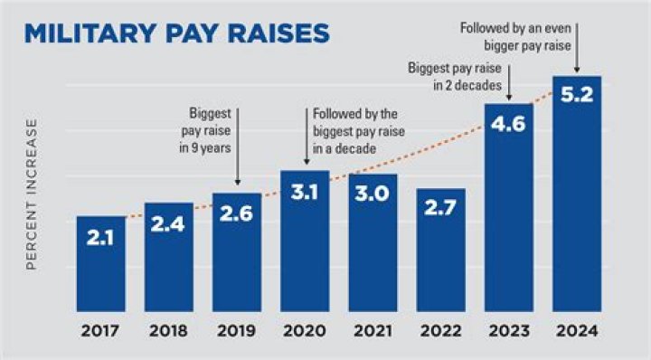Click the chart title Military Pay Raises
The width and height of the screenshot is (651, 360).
(177, 33)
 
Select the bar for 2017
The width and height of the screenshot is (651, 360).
(101, 263)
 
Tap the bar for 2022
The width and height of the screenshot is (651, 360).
(441, 250)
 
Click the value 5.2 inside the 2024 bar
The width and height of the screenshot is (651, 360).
(577, 95)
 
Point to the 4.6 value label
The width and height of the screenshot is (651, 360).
(508, 124)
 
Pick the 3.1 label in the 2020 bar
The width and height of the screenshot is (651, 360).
(305, 193)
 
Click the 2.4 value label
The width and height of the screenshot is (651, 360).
(168, 224)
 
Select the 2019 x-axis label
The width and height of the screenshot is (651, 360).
(237, 331)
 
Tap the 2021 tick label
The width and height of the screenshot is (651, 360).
(373, 331)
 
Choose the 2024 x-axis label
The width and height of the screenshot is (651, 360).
(577, 331)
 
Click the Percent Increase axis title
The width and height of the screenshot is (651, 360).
(32, 194)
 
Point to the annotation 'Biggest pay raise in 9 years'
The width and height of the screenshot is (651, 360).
(205, 130)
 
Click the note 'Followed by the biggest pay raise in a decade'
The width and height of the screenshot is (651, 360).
(359, 131)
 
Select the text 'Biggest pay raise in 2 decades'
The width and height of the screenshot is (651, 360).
(455, 76)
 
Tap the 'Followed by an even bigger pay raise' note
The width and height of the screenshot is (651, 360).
(515, 36)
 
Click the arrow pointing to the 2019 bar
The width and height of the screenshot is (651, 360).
(238, 147)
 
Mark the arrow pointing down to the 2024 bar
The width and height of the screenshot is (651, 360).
(577, 48)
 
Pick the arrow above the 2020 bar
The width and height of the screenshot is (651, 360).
(307, 137)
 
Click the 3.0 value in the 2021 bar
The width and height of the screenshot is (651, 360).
(372, 194)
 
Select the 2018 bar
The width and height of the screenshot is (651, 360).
(169, 257)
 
